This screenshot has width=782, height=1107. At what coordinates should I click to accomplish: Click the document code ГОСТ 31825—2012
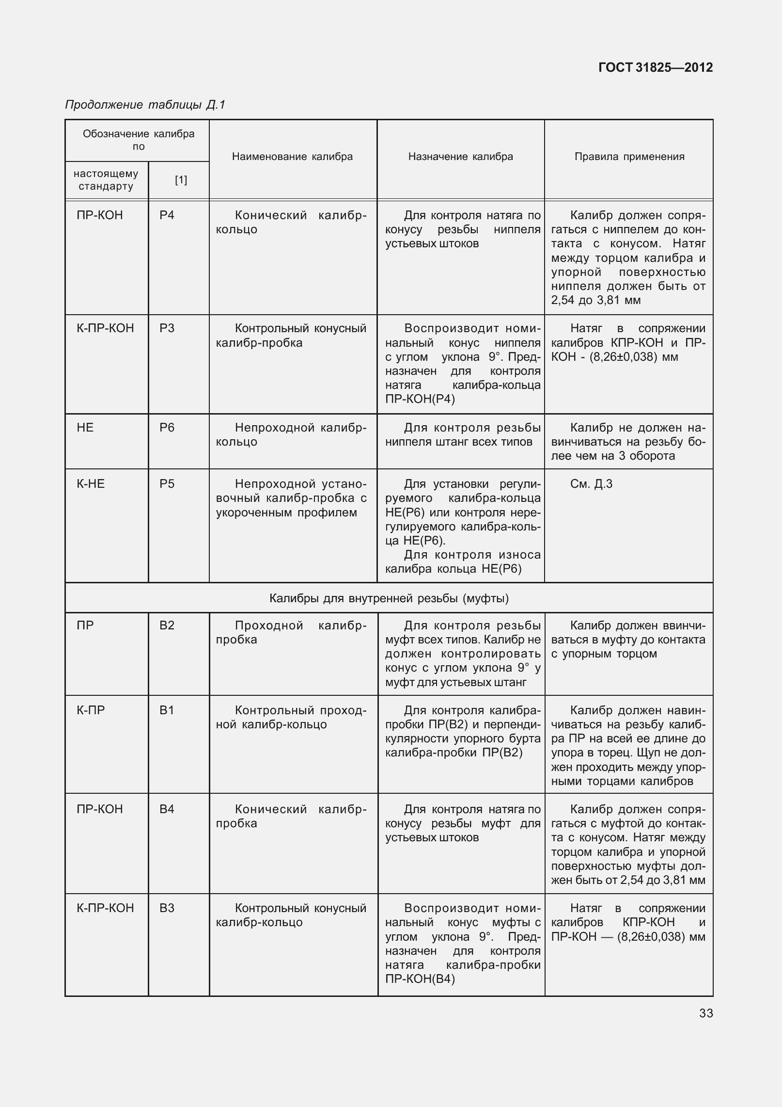[656, 67]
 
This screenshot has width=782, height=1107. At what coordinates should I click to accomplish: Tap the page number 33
[706, 1013]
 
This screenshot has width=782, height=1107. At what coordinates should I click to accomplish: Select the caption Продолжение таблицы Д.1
[145, 105]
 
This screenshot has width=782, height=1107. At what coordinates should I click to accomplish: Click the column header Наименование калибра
[292, 157]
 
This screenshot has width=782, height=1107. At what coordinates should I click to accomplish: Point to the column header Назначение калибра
[460, 157]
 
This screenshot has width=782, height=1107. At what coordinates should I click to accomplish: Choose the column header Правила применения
[629, 157]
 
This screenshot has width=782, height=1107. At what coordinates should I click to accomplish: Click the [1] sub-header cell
[181, 180]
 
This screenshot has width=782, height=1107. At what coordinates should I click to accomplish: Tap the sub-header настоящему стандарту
[106, 180]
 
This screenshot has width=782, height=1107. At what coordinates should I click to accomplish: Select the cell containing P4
[167, 215]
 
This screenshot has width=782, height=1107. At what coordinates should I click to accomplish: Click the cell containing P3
[167, 328]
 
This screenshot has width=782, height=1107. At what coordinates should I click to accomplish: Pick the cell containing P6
[167, 428]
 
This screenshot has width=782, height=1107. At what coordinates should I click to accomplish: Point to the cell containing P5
[167, 484]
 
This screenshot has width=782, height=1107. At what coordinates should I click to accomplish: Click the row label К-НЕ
[91, 484]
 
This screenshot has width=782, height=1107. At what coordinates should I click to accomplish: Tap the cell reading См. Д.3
[591, 484]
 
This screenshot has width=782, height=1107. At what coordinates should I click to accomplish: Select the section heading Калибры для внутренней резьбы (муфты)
[389, 598]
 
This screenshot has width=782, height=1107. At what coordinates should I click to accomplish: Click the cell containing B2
[167, 626]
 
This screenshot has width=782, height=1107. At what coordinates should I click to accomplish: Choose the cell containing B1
[167, 710]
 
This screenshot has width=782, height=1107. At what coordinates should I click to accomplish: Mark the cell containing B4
[167, 809]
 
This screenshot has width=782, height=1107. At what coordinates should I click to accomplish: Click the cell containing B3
[167, 908]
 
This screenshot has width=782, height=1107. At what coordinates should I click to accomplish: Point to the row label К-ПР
[91, 710]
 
